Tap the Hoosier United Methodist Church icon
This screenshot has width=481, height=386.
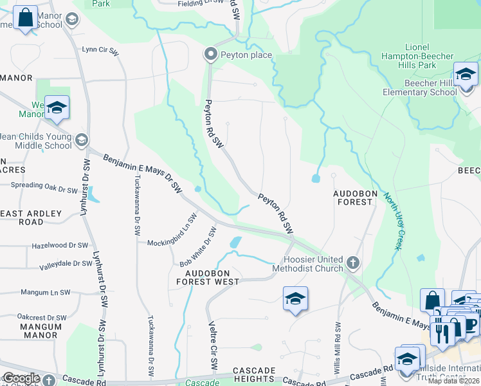tap(352, 262)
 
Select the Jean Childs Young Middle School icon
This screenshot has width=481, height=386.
tap(81, 140)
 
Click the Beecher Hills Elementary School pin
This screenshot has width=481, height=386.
tap(466, 75)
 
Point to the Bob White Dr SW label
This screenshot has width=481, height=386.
tap(196, 247)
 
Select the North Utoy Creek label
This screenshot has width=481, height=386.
tap(393, 223)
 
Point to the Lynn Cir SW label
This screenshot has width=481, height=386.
tap(101, 50)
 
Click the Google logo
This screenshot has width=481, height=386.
tap(21, 378)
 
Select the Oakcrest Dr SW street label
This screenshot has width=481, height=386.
tap(42, 317)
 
